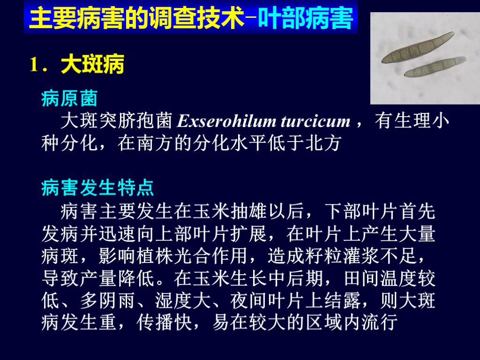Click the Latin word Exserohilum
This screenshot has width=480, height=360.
[x=226, y=122]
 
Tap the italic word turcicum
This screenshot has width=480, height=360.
[x=315, y=122]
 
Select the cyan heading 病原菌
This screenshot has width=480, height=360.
[x=69, y=99]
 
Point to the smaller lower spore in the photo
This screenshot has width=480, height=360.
[x=435, y=67]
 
